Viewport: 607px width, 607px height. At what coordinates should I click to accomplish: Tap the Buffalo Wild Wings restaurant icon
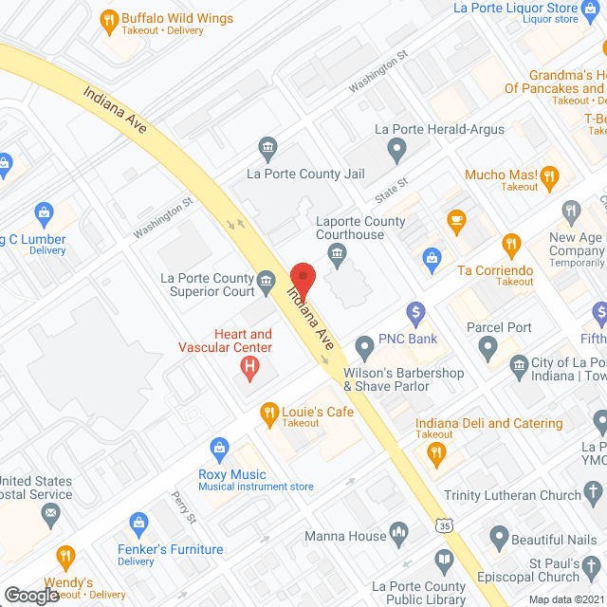[x=109, y=19]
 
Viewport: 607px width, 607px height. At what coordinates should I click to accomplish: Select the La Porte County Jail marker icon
[x=267, y=147]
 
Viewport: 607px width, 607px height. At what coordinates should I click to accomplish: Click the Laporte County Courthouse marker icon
[x=335, y=253]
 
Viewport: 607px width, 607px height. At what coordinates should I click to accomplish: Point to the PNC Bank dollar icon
[x=414, y=312]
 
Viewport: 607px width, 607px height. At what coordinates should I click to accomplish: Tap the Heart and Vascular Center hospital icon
[x=250, y=367]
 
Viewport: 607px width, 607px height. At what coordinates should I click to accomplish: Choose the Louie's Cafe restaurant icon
[x=268, y=413]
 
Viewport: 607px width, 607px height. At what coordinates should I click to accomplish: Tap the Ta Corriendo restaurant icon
[x=511, y=246]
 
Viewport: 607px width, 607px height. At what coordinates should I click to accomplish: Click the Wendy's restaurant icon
[x=65, y=557]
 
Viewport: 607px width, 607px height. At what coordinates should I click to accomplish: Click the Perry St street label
[x=182, y=508]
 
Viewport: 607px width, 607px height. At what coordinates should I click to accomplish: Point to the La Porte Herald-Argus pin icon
[x=397, y=148]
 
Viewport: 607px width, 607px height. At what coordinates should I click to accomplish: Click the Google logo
[x=31, y=595]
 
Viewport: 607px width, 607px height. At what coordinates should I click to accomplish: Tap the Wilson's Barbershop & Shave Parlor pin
[x=365, y=346]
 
